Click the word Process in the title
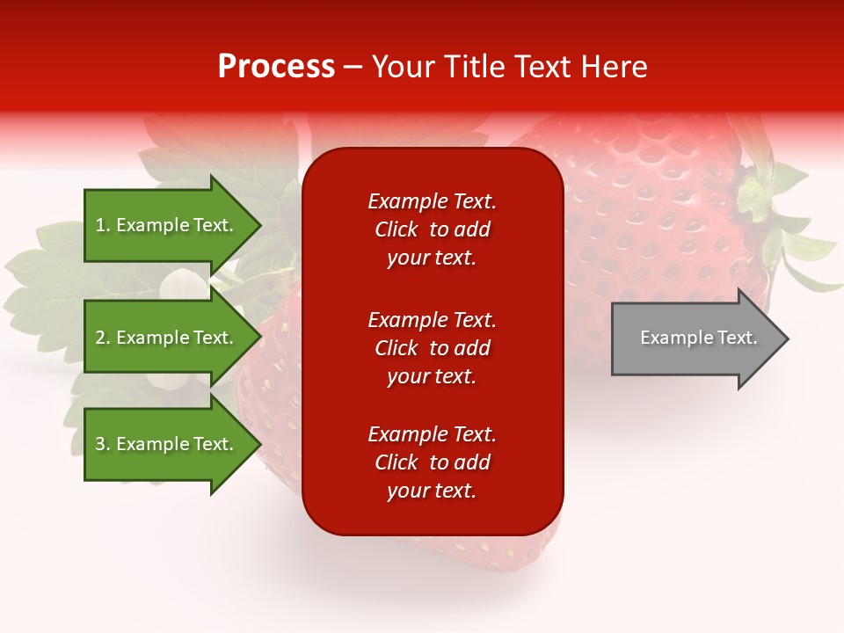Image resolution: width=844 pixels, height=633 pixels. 276,67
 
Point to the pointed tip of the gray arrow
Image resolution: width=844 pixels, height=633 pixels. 785,338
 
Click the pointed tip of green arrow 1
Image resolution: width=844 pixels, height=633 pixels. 258,225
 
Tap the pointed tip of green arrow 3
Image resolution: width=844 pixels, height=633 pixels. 258,444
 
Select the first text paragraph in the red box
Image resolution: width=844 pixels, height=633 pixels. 432,229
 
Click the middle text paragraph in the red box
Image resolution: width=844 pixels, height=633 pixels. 432,348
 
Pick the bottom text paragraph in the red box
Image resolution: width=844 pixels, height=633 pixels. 432,462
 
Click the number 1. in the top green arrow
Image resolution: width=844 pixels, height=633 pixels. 103,225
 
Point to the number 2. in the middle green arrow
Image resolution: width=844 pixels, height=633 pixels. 103,338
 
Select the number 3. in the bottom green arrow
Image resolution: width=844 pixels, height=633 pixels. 103,444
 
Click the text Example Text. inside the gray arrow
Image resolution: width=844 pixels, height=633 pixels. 698,338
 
